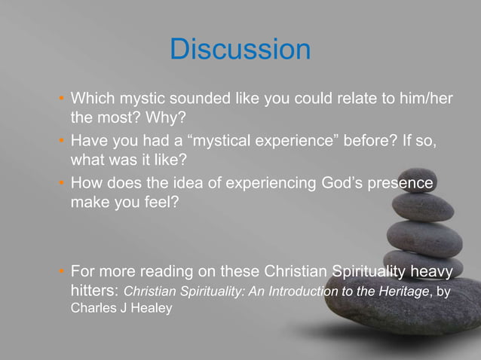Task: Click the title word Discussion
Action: pos(240,50)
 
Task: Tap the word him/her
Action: pos(419,99)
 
